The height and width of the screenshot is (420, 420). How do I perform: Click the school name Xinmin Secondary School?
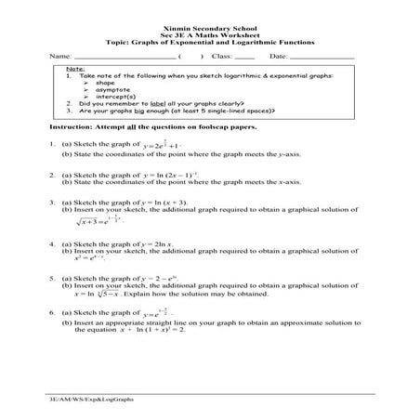(x=209, y=28)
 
